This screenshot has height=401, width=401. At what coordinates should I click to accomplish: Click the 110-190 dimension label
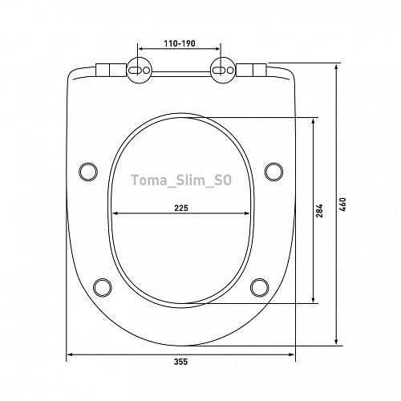[x=180, y=43]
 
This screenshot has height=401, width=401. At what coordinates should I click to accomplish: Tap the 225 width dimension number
[x=181, y=208]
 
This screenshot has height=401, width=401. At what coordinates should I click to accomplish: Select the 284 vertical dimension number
[x=319, y=211]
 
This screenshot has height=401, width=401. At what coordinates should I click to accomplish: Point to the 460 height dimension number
[x=342, y=205]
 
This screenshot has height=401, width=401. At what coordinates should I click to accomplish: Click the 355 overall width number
[x=181, y=362]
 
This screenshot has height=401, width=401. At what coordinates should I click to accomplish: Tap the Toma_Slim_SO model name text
[x=181, y=180]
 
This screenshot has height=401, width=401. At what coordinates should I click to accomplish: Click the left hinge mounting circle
[x=139, y=71]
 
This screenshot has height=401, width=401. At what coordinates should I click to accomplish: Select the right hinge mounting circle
[x=223, y=71]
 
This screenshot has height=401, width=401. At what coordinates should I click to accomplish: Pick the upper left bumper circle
[x=88, y=172]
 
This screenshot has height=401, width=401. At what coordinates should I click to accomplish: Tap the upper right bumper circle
[x=273, y=172]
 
